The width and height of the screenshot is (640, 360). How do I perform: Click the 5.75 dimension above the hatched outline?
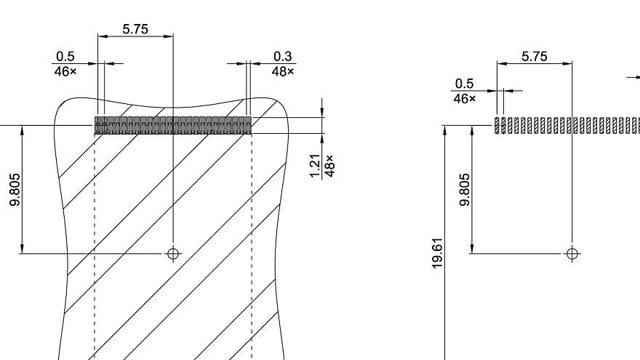[135, 29]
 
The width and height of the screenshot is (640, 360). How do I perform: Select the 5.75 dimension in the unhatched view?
[535, 57]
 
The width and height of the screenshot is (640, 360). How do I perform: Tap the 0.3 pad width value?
[283, 57]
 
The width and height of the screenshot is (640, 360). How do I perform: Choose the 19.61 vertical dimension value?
[437, 252]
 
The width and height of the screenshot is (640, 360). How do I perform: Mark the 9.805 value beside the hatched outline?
[15, 190]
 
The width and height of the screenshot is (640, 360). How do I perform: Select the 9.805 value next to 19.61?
[465, 190]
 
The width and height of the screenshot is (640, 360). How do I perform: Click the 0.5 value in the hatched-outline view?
[65, 57]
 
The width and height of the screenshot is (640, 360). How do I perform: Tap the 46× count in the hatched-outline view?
[65, 71]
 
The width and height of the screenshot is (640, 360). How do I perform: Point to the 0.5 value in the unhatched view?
[463, 84]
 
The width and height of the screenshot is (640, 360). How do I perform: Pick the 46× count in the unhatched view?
[463, 98]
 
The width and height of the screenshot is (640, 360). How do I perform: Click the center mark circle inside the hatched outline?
[173, 253]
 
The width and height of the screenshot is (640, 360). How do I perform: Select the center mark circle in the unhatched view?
[572, 253]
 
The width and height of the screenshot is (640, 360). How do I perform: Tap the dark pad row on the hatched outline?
[173, 125]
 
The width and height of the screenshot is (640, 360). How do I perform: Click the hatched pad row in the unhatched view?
[567, 125]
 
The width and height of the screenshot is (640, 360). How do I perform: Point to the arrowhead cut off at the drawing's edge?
[636, 76]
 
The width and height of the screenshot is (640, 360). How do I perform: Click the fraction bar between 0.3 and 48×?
[283, 64]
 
